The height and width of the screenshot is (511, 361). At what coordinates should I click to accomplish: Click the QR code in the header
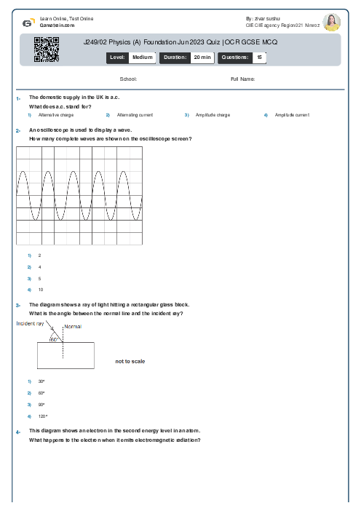tap(46, 50)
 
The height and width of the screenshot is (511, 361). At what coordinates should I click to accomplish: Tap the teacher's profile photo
tap(332, 23)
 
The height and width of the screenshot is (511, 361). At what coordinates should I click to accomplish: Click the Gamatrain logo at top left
tap(28, 23)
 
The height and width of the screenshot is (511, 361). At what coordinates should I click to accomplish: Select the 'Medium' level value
tap(142, 57)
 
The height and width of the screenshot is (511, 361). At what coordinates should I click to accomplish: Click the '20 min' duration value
tap(202, 57)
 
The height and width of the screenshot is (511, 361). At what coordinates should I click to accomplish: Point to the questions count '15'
tap(260, 57)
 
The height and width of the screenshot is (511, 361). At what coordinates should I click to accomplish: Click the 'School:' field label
tap(128, 79)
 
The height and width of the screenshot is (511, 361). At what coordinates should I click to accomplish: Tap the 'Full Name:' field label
tap(242, 79)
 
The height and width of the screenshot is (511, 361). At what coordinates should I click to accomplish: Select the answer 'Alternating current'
tap(135, 115)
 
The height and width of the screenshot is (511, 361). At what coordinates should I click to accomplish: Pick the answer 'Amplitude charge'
tap(213, 115)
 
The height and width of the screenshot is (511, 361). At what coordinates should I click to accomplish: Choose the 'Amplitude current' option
tap(292, 115)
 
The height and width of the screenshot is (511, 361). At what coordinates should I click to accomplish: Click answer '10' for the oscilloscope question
tap(41, 290)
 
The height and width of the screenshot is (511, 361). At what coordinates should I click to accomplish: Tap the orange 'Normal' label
tap(73, 327)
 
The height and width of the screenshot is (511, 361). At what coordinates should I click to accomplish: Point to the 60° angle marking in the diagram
tap(54, 339)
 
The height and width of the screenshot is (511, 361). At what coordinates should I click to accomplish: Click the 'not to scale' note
tap(130, 361)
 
